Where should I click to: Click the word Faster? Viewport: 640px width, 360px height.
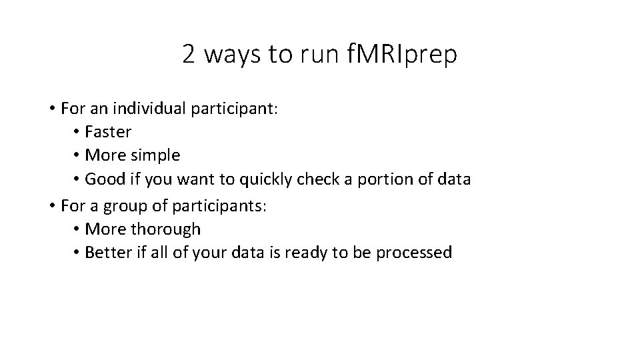(x=109, y=132)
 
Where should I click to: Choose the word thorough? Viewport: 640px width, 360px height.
(x=165, y=229)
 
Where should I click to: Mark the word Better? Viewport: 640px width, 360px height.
(x=108, y=253)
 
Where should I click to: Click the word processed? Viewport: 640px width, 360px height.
(x=415, y=253)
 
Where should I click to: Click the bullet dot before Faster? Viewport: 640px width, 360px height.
(x=77, y=132)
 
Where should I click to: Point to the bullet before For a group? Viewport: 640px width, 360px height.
(x=52, y=205)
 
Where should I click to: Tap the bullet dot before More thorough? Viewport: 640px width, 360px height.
(x=77, y=229)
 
